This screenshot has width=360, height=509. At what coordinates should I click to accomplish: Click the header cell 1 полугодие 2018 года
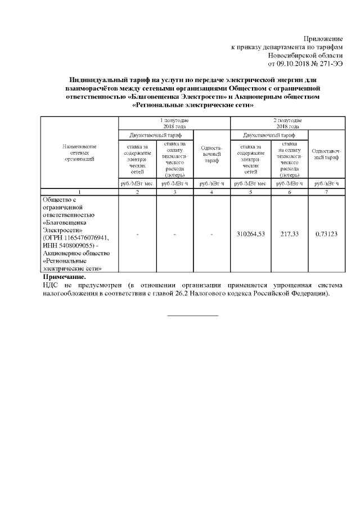174,123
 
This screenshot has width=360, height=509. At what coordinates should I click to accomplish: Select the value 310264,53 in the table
250,233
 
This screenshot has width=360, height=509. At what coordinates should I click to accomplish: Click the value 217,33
290,233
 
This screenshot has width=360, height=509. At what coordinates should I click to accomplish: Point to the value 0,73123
326,233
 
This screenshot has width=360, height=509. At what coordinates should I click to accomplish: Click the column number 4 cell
211,192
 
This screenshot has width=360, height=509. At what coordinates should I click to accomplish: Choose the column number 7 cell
326,192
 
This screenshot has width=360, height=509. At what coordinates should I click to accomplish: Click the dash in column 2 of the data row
137,234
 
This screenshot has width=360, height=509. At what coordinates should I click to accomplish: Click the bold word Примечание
65,277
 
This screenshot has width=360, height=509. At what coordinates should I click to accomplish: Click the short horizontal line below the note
193,316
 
